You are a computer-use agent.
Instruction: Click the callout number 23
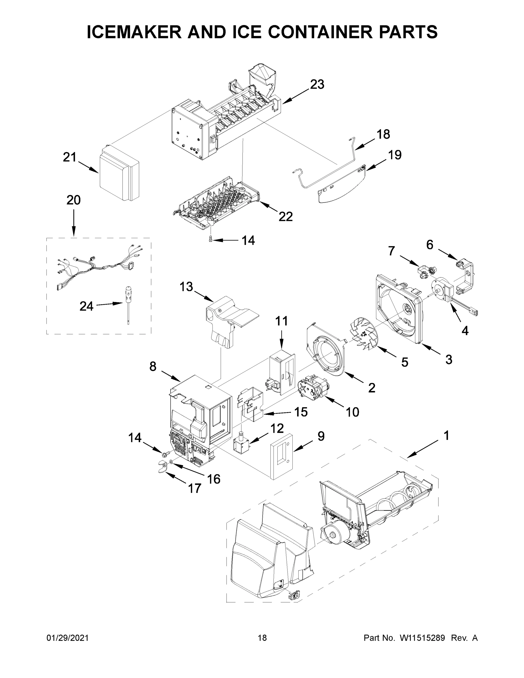[x=317, y=84]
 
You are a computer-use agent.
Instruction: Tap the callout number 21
[x=69, y=157]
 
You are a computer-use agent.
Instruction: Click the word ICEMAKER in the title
[x=134, y=32]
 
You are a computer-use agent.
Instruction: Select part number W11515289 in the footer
[x=422, y=638]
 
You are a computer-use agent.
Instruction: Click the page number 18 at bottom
[x=262, y=638]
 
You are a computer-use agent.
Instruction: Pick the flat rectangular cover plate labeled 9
[x=282, y=456]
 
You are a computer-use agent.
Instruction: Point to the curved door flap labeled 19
[x=342, y=185]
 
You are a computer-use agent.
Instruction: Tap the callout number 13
[x=186, y=287]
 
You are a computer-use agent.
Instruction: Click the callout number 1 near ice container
[x=446, y=436]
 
